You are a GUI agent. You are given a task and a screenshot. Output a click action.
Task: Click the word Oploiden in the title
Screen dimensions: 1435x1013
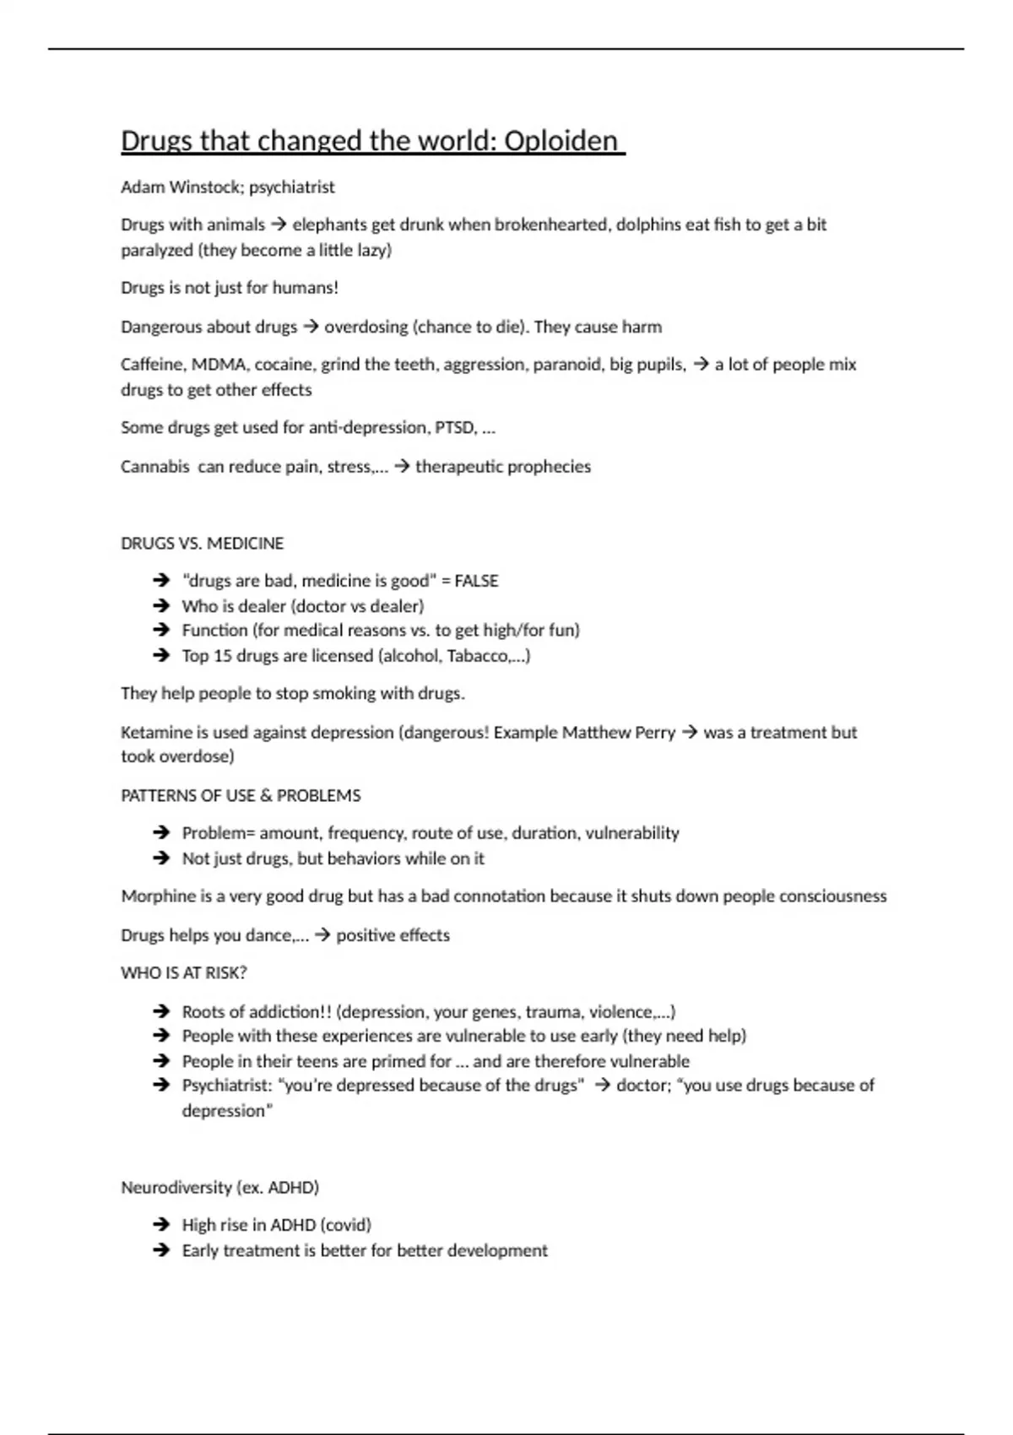561,141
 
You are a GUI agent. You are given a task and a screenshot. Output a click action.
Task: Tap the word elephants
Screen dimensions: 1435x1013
329,225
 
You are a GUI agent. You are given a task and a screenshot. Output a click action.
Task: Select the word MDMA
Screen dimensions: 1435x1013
219,365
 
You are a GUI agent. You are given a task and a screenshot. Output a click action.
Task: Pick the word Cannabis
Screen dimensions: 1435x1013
155,467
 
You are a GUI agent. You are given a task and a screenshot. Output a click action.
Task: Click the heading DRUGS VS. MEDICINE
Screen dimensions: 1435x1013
203,544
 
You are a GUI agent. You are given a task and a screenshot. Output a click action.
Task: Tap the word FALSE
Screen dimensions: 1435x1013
476,581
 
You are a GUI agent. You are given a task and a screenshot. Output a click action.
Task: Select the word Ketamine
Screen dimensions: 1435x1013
156,733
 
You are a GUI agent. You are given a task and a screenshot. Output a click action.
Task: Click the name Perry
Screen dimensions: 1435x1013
655,733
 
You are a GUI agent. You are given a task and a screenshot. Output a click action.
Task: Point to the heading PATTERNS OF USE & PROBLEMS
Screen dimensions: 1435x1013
241,796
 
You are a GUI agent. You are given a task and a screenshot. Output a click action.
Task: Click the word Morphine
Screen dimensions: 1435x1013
158,896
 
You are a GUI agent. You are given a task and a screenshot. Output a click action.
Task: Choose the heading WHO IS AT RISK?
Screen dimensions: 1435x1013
184,973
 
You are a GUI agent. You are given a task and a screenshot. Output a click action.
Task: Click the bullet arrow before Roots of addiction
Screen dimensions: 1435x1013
161,1011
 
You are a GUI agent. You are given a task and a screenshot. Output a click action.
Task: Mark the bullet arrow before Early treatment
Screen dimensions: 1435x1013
161,1251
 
